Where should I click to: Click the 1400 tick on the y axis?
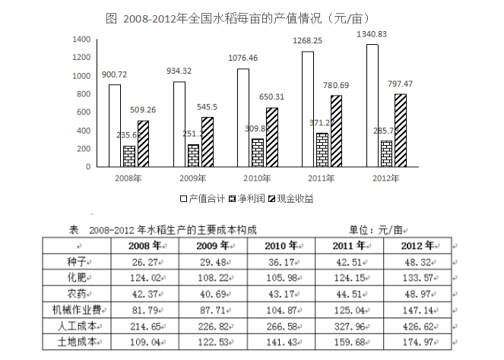coord(81,39)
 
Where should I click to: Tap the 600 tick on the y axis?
coord(84,112)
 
